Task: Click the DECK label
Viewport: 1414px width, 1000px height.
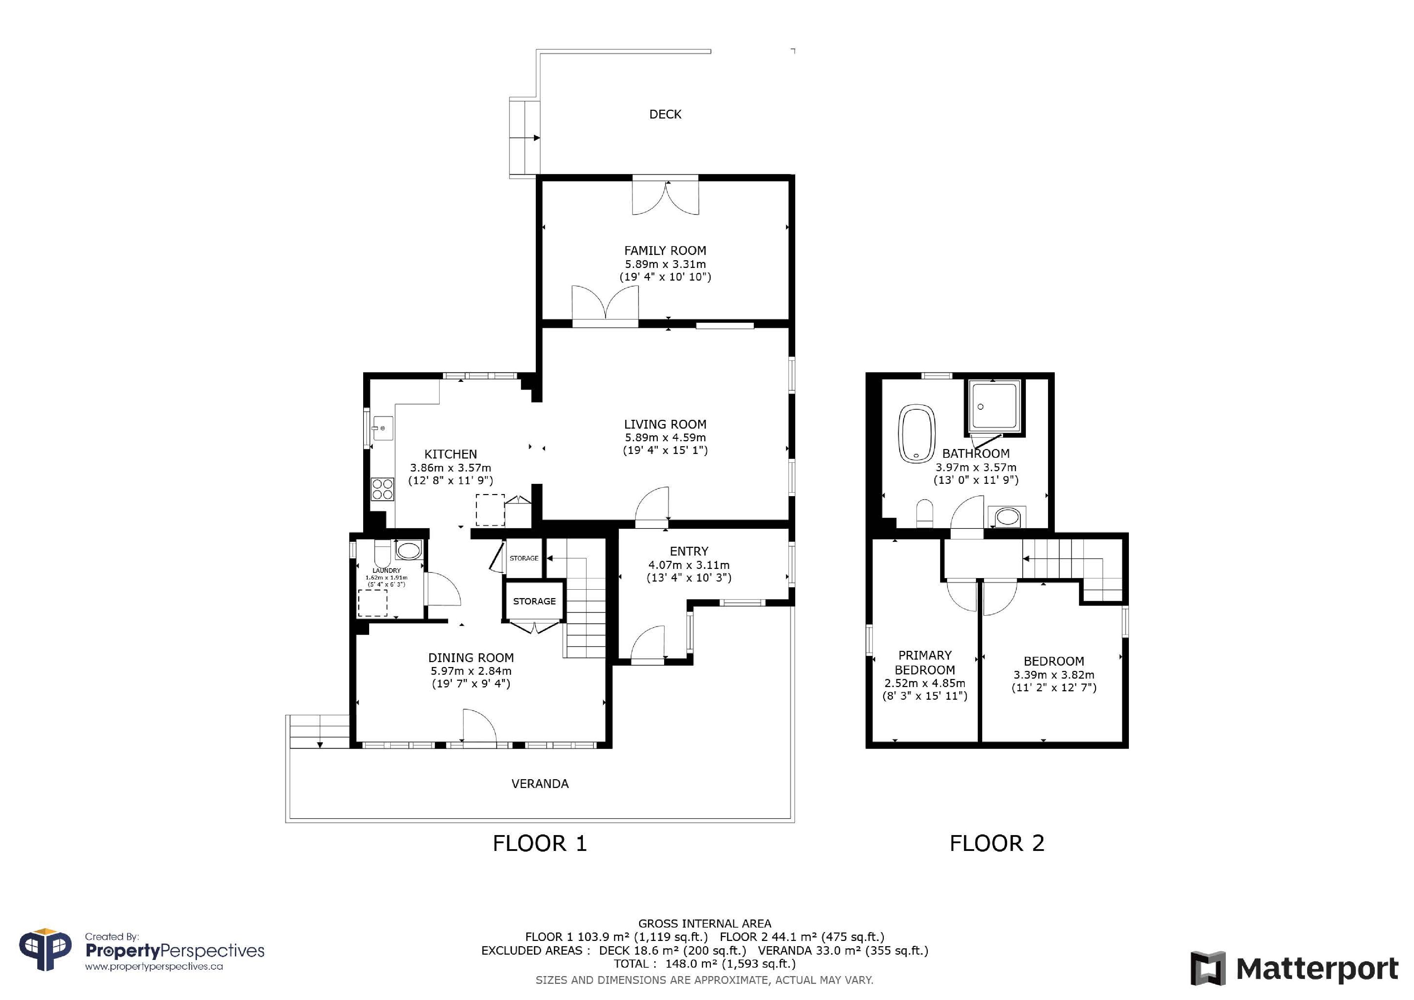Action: tap(665, 114)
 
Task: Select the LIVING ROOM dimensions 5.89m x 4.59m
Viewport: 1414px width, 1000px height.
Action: tap(665, 437)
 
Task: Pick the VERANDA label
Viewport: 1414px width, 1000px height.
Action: tap(540, 784)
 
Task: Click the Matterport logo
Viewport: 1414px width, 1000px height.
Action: tap(1294, 969)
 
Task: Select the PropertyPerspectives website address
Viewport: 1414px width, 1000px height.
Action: tap(154, 967)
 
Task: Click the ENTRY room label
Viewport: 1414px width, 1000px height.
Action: tap(689, 551)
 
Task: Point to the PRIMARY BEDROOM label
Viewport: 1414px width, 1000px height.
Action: tap(925, 662)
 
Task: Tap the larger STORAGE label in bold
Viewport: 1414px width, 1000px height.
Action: tap(535, 601)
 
